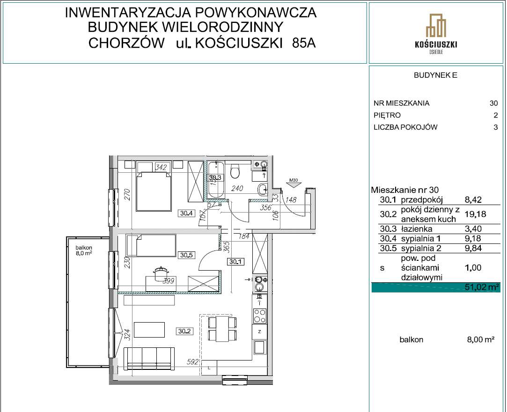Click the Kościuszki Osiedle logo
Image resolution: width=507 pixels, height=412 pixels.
(x=436, y=33)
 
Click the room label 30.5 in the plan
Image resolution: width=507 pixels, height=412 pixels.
(x=186, y=255)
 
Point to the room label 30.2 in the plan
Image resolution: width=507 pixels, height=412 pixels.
(x=184, y=331)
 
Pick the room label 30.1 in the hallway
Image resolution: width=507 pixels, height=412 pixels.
(x=235, y=262)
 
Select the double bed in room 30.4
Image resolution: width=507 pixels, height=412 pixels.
(x=153, y=191)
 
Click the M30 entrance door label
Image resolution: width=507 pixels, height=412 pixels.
(x=294, y=180)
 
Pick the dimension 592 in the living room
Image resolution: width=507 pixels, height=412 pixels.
(x=192, y=361)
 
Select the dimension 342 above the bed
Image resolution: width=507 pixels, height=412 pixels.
(x=162, y=167)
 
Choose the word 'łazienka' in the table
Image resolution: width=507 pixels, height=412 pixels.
(x=413, y=229)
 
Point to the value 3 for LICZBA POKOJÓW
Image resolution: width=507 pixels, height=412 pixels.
(x=495, y=127)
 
